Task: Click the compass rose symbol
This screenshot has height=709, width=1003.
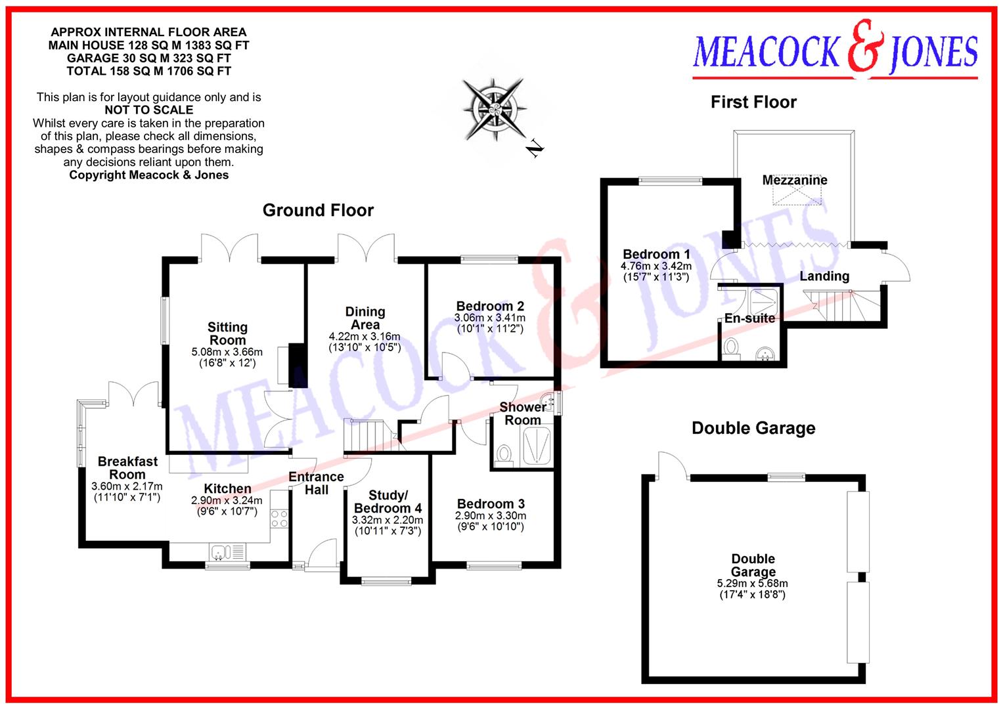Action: point(493,108)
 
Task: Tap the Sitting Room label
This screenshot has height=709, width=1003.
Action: point(227,333)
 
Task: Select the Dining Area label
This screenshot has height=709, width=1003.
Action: point(365,318)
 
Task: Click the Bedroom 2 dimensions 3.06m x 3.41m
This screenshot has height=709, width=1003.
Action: point(490,318)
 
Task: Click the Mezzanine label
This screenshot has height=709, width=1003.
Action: point(795,180)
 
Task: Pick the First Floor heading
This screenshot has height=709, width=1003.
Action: point(753,102)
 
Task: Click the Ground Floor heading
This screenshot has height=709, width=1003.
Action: point(318,211)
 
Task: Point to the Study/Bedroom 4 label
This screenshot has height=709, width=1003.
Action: point(388,502)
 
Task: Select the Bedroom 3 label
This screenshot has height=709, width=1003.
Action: point(491,504)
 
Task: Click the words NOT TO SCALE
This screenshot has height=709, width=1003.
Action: point(149,110)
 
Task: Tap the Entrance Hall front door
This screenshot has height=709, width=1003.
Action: point(322,555)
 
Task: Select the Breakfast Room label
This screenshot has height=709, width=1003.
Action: point(127,467)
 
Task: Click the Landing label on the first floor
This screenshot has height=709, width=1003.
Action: point(824,276)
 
